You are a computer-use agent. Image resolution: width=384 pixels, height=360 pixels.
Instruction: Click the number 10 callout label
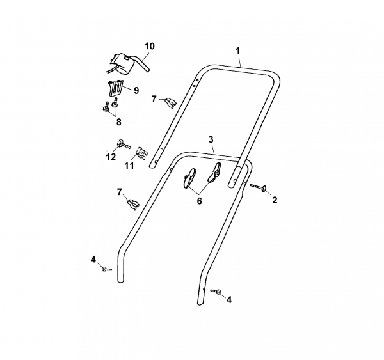click(x=150, y=46)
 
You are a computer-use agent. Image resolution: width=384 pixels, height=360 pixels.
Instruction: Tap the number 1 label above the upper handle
click(x=237, y=51)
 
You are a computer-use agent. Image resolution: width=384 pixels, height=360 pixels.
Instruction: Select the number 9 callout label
click(x=136, y=91)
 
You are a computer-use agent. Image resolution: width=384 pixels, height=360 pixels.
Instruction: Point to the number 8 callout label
click(x=119, y=122)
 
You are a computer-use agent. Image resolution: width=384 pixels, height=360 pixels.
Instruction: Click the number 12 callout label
click(x=111, y=157)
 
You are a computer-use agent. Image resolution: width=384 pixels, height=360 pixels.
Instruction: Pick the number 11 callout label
click(x=129, y=166)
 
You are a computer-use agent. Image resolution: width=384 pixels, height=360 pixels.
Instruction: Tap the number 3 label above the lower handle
click(x=211, y=139)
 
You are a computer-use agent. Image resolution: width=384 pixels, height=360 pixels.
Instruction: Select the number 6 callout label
click(x=199, y=201)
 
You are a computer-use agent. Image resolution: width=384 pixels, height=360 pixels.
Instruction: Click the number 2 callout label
click(x=275, y=200)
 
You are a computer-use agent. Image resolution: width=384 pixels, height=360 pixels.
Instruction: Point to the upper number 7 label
click(x=154, y=99)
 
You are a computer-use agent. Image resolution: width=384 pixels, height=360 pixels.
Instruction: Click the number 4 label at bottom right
click(x=228, y=299)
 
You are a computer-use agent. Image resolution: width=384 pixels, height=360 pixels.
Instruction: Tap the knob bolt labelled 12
click(x=124, y=144)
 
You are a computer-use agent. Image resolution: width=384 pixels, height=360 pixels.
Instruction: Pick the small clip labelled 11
click(x=141, y=153)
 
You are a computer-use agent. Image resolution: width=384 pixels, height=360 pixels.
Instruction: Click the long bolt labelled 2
click(x=259, y=187)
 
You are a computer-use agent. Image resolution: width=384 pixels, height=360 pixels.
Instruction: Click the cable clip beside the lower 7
click(x=134, y=205)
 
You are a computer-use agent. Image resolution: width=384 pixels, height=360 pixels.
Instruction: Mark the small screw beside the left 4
click(x=106, y=269)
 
